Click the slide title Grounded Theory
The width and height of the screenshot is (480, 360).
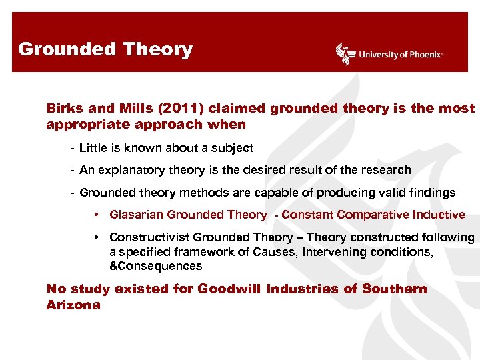click(x=105, y=49)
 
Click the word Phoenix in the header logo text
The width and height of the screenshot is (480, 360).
click(x=423, y=55)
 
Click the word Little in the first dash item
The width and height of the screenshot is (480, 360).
click(x=93, y=148)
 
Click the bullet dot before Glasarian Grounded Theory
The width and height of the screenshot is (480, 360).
click(x=97, y=215)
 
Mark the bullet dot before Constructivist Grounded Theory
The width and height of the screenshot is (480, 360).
click(x=97, y=238)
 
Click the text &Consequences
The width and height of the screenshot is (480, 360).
click(x=155, y=266)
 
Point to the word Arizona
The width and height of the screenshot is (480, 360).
click(x=73, y=305)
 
